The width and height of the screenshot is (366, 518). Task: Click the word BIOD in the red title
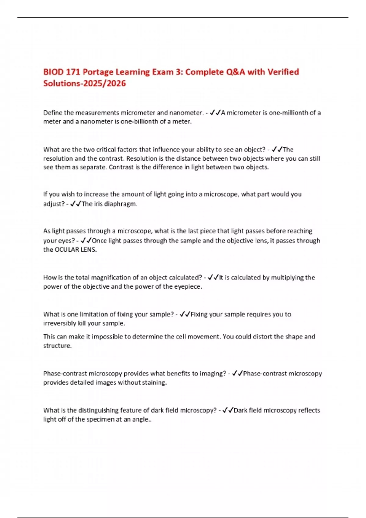point(53,72)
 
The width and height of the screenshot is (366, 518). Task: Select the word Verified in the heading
point(283,72)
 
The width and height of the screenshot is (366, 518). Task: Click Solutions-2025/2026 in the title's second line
point(84,83)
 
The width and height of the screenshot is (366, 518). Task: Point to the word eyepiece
point(188,286)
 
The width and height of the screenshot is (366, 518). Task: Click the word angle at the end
point(141,419)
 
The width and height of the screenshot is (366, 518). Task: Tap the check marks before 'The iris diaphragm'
point(75,204)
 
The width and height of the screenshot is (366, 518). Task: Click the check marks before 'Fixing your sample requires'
point(185,314)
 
